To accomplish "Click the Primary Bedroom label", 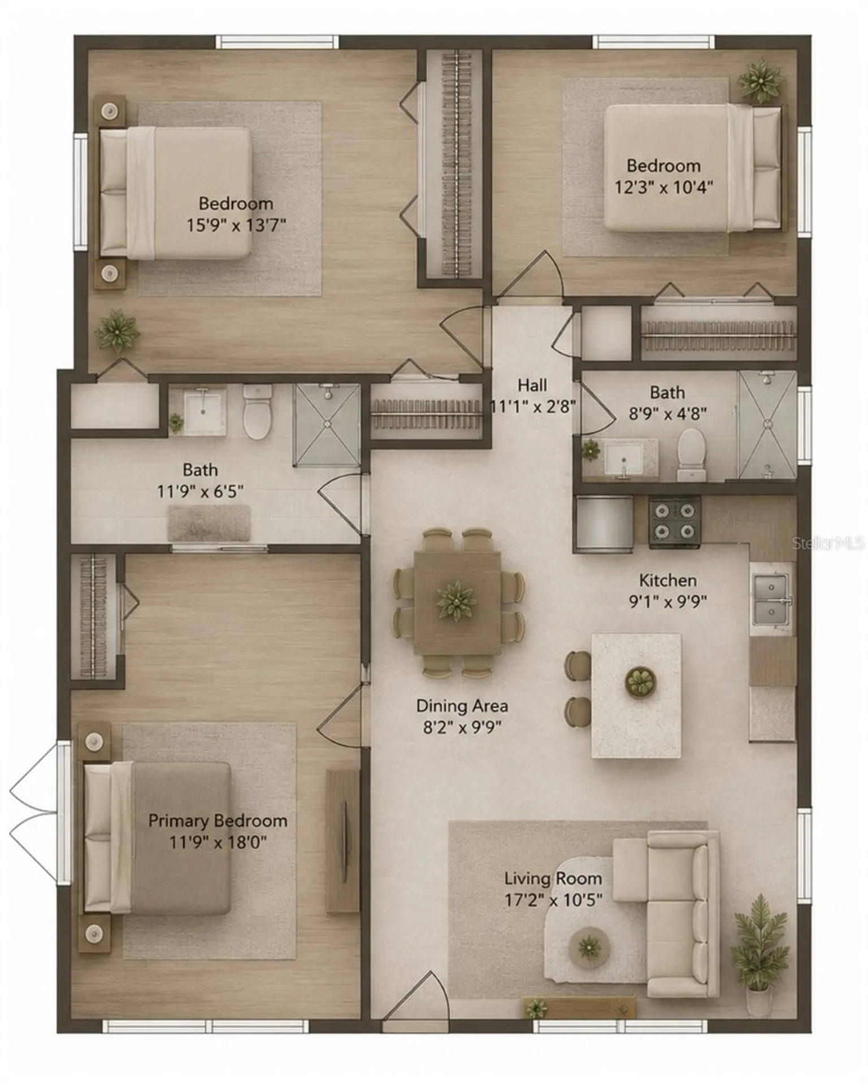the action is click(x=218, y=821).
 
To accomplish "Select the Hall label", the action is click(x=532, y=385).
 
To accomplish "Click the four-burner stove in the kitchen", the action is click(x=675, y=522).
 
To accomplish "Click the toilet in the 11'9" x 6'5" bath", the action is click(x=258, y=411).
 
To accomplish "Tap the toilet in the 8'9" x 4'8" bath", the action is click(x=691, y=454).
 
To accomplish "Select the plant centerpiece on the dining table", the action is click(x=457, y=601).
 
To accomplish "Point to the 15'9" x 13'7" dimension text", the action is click(x=236, y=225).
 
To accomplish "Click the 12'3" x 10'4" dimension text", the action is click(x=663, y=187).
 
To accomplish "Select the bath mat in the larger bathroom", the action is click(x=209, y=523).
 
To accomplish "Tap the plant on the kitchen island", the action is click(x=641, y=682).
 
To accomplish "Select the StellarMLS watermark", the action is click(x=828, y=543).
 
